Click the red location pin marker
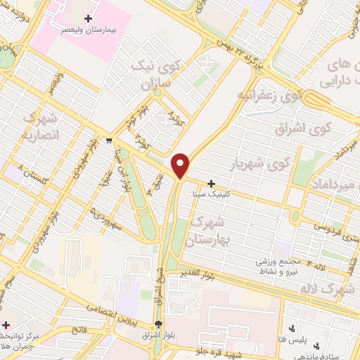pos(181,165)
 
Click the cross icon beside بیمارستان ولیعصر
pos(87,18)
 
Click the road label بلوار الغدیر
pos(208,272)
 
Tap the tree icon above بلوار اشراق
pos(158,325)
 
